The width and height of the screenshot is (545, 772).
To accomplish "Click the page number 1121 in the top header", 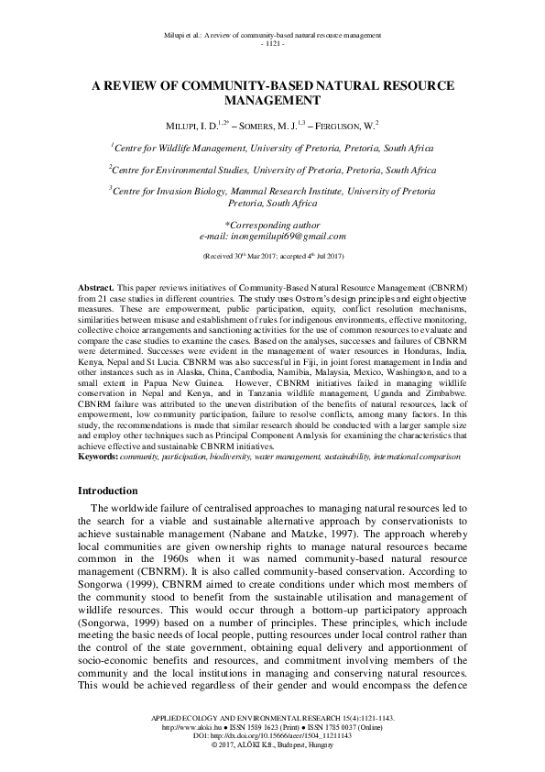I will click(x=272, y=44).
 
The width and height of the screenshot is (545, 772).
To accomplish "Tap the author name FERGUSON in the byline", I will click(x=349, y=124).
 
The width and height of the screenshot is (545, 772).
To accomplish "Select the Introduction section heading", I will click(x=108, y=491).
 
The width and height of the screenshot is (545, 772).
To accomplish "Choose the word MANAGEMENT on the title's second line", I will click(x=272, y=100).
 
